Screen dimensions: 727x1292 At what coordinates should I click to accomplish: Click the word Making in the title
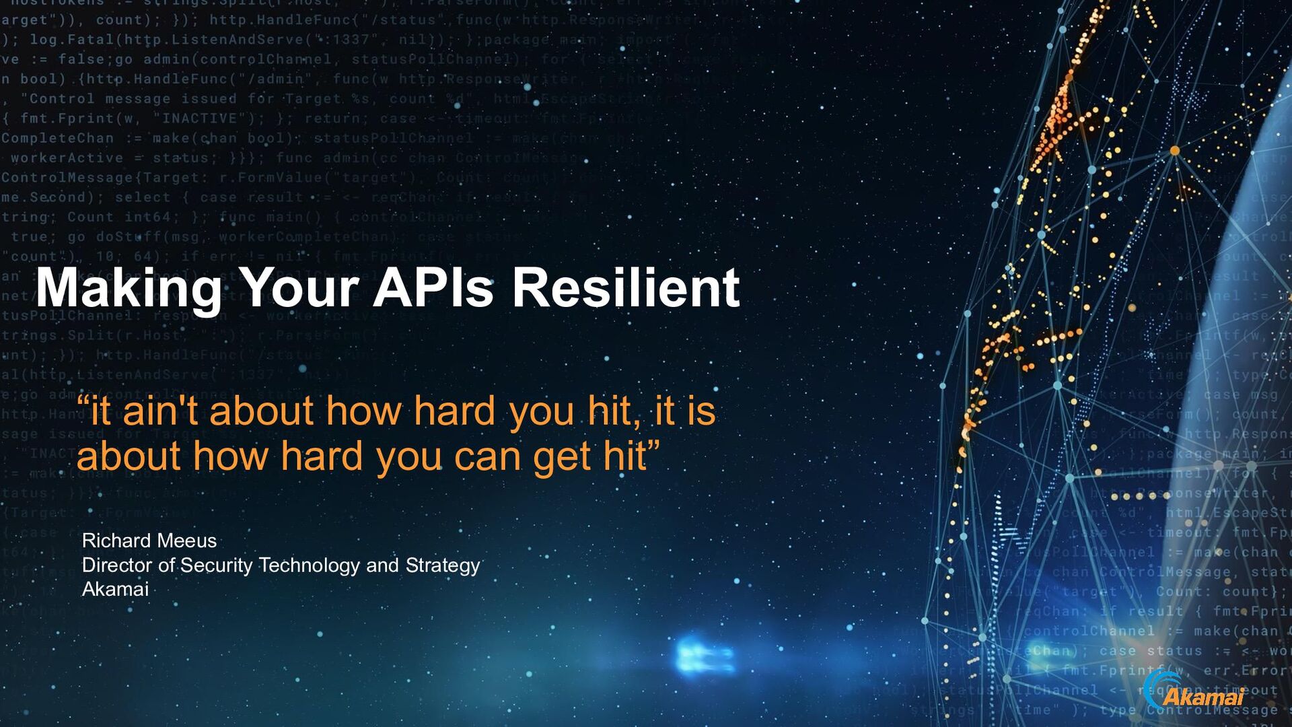(x=128, y=288)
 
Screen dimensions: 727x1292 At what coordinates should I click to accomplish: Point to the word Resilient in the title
(x=626, y=288)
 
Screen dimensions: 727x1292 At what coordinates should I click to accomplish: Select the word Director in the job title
(x=117, y=565)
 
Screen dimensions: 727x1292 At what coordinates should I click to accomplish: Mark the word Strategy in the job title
(x=442, y=565)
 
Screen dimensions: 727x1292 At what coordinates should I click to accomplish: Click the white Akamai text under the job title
(x=115, y=589)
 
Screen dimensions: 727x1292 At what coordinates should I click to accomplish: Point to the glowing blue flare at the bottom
(x=703, y=654)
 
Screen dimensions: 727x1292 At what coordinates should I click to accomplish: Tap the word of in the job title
(x=166, y=565)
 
